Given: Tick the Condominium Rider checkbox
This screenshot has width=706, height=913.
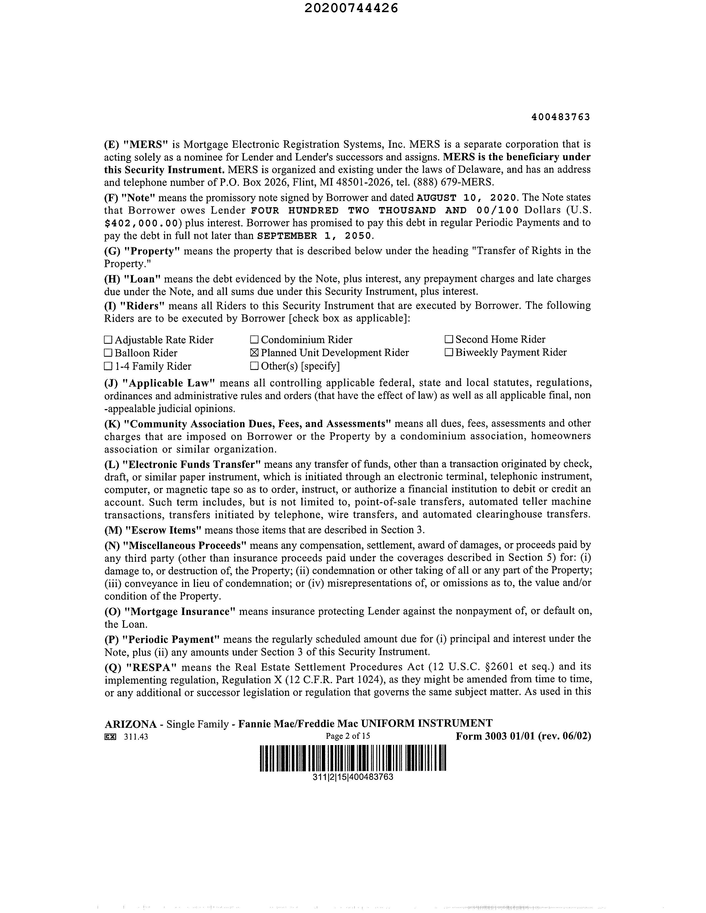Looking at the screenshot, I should click(254, 340).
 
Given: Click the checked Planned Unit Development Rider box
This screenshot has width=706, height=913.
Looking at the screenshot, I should click(254, 353).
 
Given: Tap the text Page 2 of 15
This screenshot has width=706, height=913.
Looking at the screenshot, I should click(347, 736).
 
